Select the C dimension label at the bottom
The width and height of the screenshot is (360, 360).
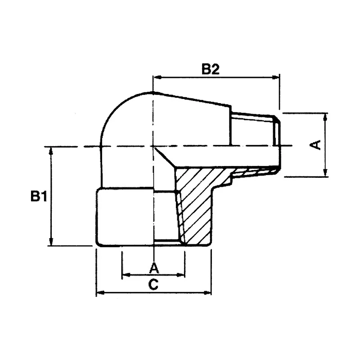pos(154,284)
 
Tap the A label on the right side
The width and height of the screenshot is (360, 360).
pos(316,145)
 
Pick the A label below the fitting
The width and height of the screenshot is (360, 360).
pos(154,268)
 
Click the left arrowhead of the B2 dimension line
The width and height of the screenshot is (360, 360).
pos(157,78)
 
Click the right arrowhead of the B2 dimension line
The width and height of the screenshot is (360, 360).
pos(277,78)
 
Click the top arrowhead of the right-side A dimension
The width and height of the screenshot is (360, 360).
pos(325,116)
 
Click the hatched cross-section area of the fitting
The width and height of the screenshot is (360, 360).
pos(196,202)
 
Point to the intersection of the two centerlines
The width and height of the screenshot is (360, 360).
pos(154,146)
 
